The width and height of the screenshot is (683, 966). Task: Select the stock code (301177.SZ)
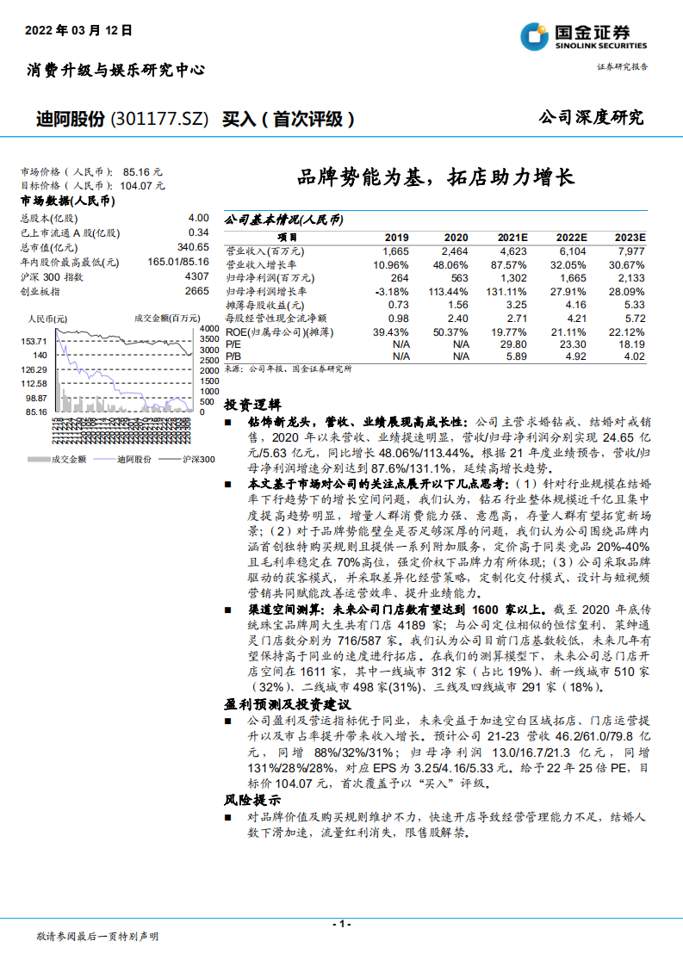tap(161, 119)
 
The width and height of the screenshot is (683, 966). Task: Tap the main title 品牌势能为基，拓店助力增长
tap(435, 178)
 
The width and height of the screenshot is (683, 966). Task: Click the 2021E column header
tap(512, 237)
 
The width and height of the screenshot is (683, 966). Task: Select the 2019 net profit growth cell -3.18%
tap(391, 292)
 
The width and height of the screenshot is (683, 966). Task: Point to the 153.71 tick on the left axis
tap(35, 341)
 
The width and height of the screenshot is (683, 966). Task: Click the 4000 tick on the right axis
tap(208, 329)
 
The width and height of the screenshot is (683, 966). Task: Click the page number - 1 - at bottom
tap(342, 924)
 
